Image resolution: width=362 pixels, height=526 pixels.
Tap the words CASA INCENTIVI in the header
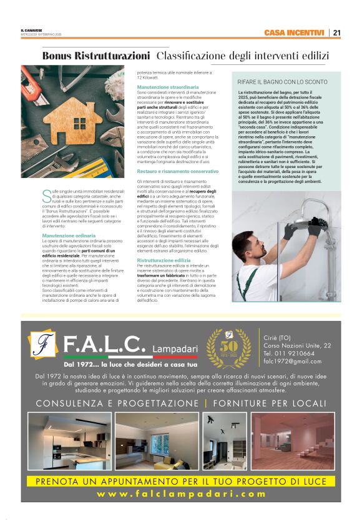click(294, 32)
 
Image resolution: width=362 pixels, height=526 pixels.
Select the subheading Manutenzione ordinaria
click(64, 236)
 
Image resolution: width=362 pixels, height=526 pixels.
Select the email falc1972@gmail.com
click(291, 361)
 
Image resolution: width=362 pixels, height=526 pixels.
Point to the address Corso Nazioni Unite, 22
click(297, 345)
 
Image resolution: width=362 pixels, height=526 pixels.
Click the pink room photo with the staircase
click(291, 440)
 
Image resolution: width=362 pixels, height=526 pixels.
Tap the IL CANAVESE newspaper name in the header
click(31, 30)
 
